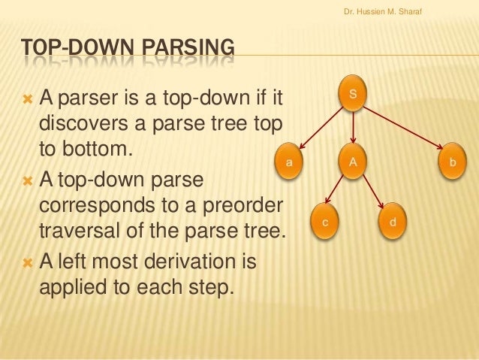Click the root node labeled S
(354, 95)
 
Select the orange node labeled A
(353, 162)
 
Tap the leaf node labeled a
(289, 162)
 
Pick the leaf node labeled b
(452, 162)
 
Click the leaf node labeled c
(324, 223)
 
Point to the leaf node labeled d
(393, 223)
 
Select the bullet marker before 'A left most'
(29, 263)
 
